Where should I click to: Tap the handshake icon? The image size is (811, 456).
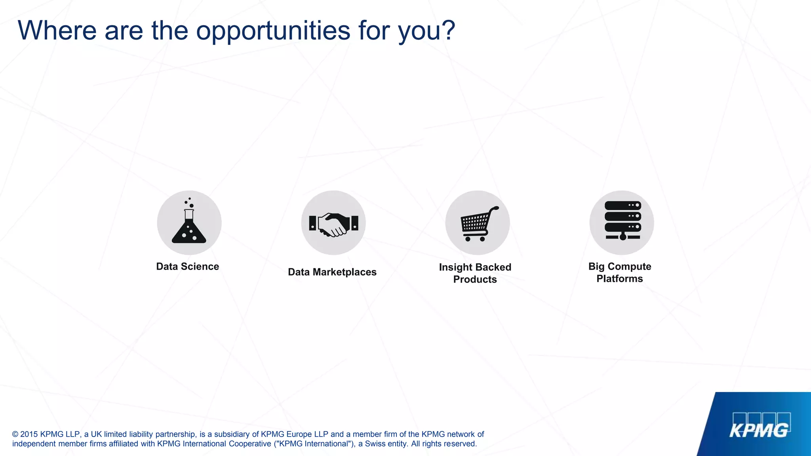pos(333,224)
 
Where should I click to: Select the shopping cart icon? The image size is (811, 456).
pos(478,223)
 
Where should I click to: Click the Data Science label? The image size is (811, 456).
pos(187,266)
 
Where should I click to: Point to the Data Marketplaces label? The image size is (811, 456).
pos(332,272)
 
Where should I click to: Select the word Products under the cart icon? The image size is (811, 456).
pos(475,279)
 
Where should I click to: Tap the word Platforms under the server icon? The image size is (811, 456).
pos(619,279)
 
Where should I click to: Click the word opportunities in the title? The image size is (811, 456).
pos(273,30)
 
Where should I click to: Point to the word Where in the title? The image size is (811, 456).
pos(57,30)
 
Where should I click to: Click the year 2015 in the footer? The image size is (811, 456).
pos(29,434)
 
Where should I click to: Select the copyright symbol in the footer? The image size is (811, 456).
pos(15,434)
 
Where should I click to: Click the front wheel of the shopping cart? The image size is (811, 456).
pos(482,239)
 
